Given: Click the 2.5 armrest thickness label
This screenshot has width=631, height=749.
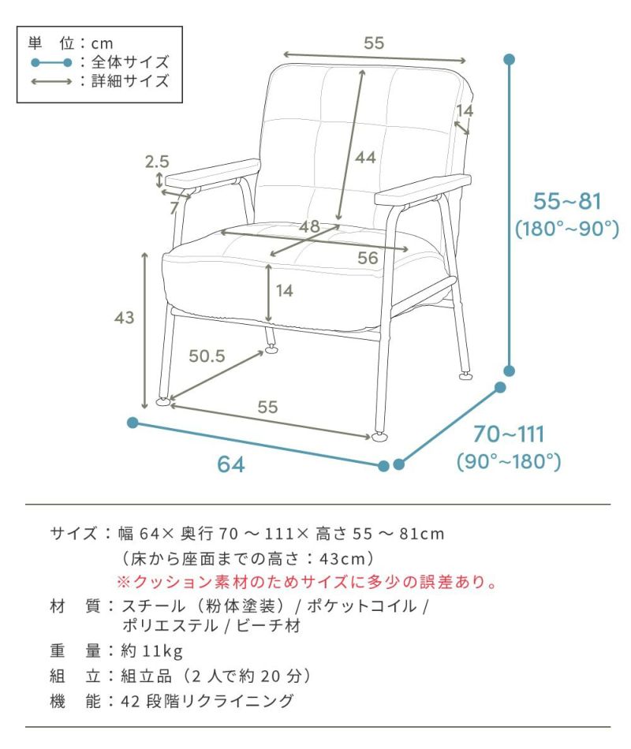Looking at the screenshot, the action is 157,162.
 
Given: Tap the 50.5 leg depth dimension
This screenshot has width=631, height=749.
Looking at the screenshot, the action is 207,356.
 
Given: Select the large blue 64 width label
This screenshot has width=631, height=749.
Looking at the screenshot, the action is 231,464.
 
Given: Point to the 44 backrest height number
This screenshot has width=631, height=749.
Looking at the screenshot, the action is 365,158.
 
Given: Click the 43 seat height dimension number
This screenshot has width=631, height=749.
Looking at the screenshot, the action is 125,318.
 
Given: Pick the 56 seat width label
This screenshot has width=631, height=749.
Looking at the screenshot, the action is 368,258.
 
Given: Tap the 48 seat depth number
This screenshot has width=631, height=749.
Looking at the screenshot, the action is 309,226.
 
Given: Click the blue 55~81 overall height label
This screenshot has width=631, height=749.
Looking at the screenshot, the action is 567,201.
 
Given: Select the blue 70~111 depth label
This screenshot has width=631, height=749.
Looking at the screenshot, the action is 509,434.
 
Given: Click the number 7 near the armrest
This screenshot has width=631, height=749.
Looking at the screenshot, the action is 174,208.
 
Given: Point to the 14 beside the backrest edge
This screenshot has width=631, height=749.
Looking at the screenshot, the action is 464,111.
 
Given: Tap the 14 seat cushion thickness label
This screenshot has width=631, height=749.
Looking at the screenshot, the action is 285,290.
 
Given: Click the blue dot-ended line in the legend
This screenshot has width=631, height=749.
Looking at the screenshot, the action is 51,62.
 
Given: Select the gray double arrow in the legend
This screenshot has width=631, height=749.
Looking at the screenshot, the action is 51,82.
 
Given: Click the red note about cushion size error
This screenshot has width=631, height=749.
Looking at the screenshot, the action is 308,582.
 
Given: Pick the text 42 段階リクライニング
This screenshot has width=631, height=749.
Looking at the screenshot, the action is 207,701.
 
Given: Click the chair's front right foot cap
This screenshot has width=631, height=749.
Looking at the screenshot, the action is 379,436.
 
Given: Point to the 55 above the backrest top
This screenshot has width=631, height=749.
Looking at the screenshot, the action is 374,43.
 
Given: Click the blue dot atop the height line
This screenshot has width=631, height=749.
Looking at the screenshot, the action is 509,60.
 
